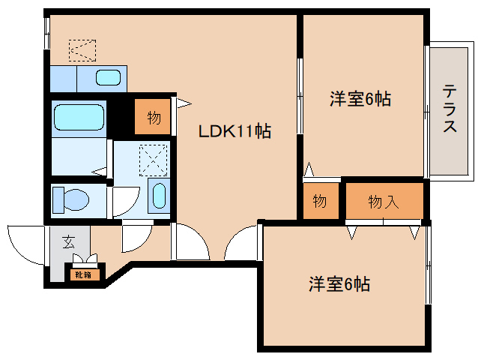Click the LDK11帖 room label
coord(235,131)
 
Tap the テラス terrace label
coord(450,108)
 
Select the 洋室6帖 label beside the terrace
coord(360,98)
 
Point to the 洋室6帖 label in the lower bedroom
coord(339,284)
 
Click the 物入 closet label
coord(384,202)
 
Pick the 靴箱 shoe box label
coord(83,275)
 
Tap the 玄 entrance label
coord(69,242)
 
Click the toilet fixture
coord(70,200)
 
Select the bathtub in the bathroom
coord(79,118)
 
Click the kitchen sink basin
coord(108,77)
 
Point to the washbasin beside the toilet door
coord(159,196)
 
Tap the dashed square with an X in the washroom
coord(154,160)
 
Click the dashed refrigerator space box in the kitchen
coord(82,50)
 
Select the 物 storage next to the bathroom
coord(153,116)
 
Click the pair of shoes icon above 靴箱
coord(85,259)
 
